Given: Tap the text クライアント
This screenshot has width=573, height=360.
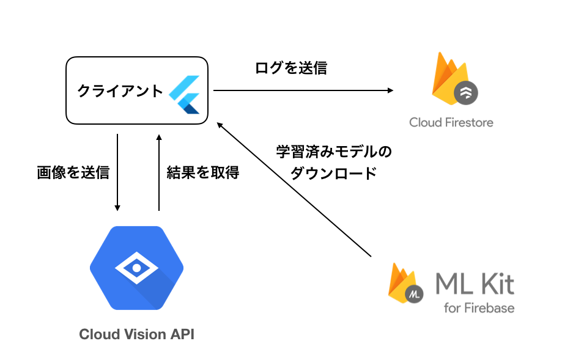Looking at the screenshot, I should pyautogui.click(x=120, y=91).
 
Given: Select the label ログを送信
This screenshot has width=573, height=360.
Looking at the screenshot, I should pyautogui.click(x=291, y=68).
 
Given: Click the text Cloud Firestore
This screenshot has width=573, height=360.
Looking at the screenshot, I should pyautogui.click(x=451, y=122).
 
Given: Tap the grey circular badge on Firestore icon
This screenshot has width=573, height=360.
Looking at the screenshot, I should pyautogui.click(x=467, y=93).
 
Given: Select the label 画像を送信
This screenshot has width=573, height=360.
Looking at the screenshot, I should pyautogui.click(x=73, y=173).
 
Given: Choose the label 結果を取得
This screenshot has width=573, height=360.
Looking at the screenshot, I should pyautogui.click(x=203, y=173).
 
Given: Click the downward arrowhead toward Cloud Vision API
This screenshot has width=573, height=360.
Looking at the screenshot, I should pyautogui.click(x=117, y=207).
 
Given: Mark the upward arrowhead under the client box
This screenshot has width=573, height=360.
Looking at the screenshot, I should pyautogui.click(x=158, y=138).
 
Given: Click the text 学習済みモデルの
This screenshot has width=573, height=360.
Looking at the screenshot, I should pyautogui.click(x=334, y=151).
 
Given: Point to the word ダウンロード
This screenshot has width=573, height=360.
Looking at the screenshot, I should pyautogui.click(x=333, y=173).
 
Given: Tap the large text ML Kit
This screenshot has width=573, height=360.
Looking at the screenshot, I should pyautogui.click(x=475, y=284).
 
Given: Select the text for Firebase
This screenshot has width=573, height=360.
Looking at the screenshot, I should pyautogui.click(x=479, y=307).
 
